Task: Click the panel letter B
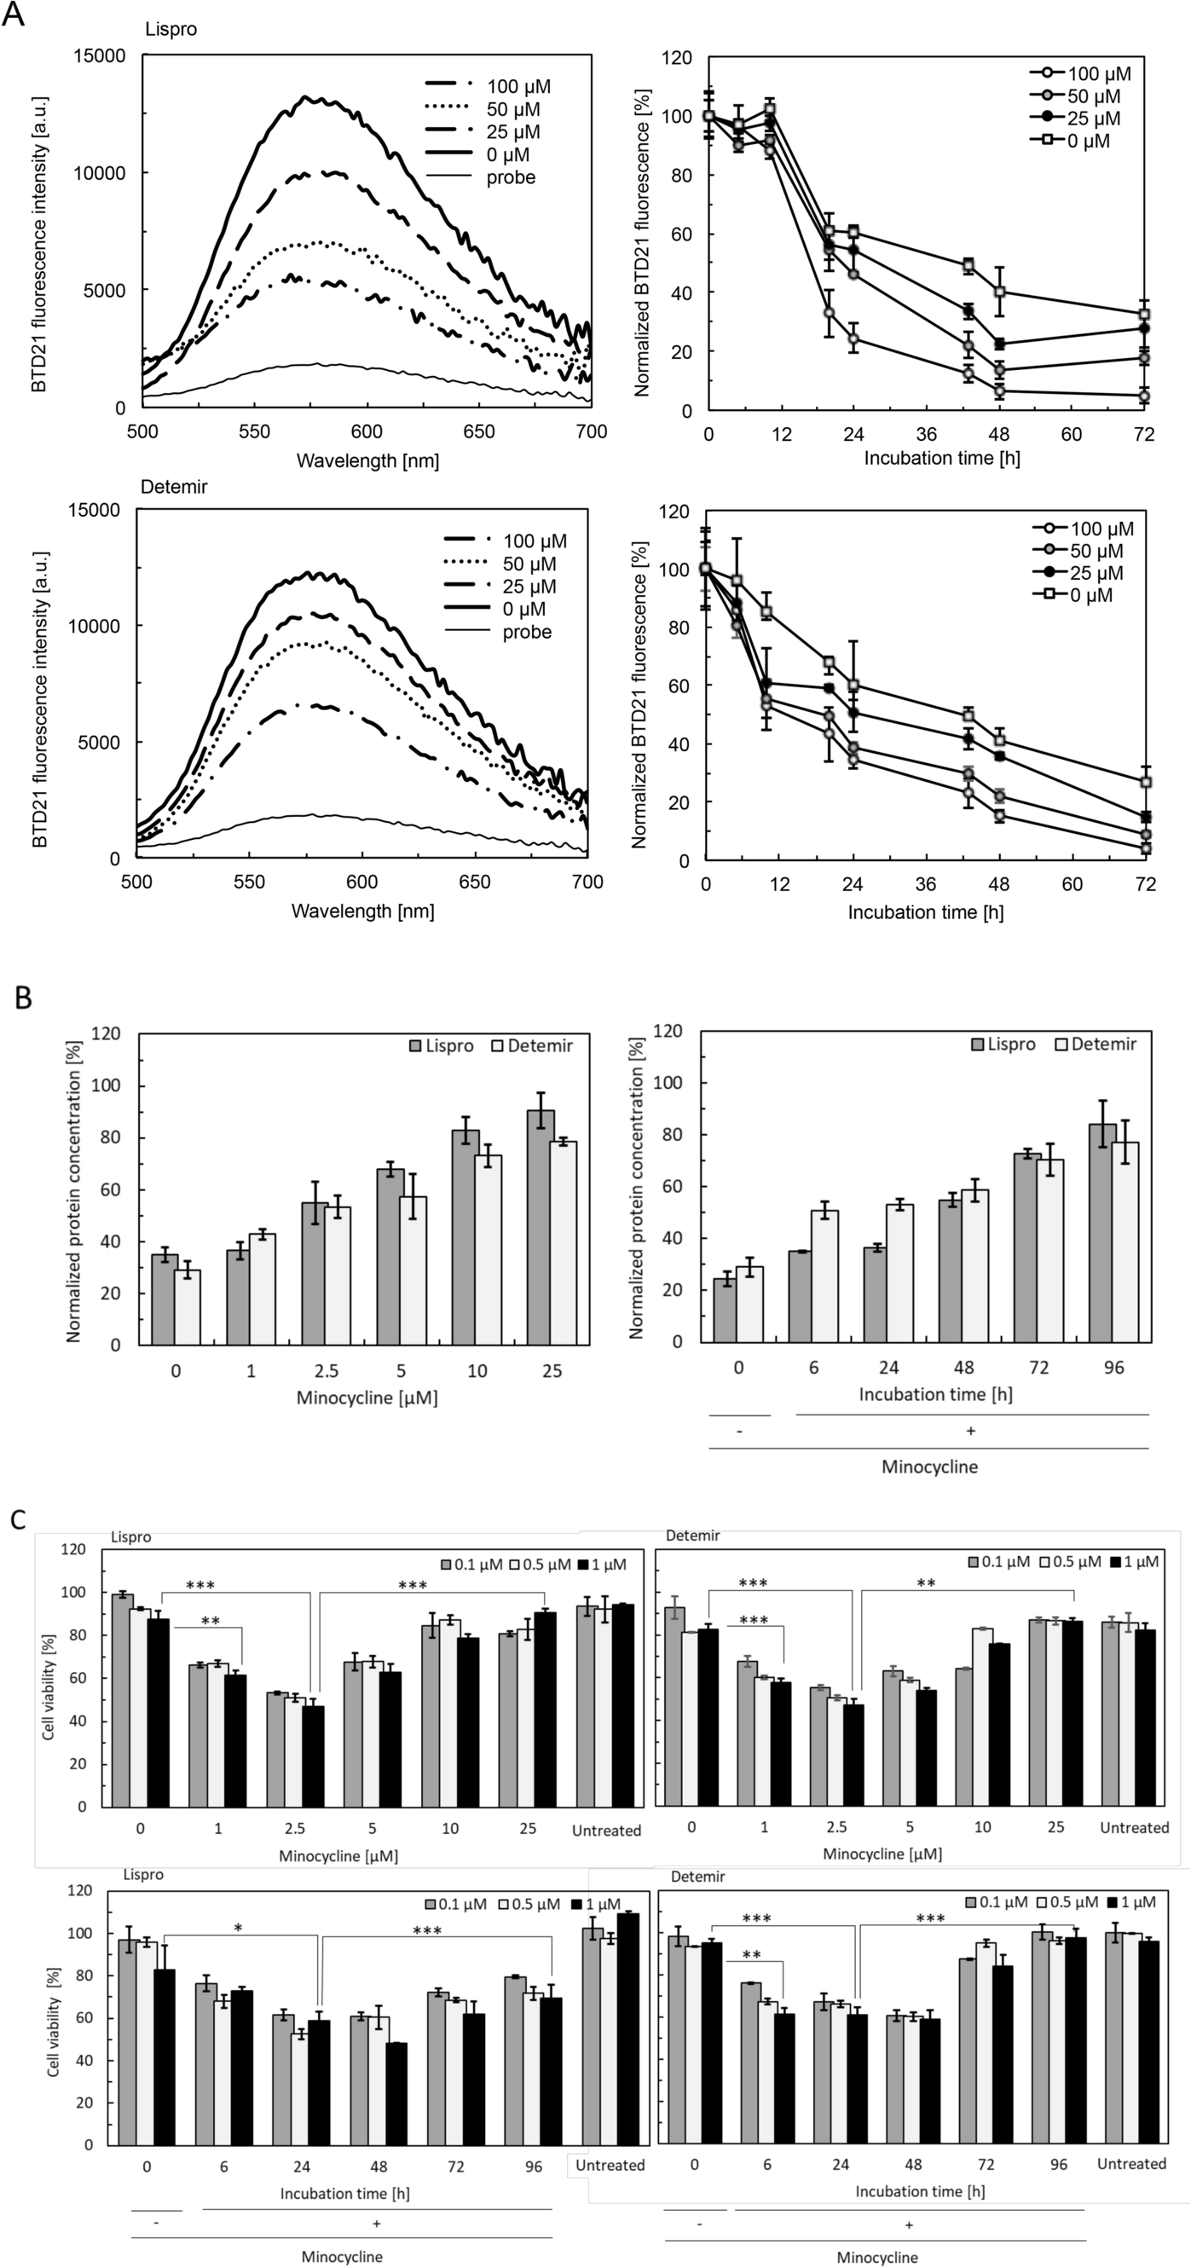click(x=24, y=997)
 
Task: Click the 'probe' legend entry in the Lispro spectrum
click(x=510, y=177)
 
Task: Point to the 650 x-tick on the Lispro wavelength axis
click(x=479, y=432)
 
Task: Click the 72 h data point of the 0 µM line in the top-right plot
click(x=1144, y=315)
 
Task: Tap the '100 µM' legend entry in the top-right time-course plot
click(x=1099, y=74)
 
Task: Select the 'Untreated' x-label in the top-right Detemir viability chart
click(x=1134, y=1820)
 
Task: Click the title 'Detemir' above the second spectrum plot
click(x=173, y=487)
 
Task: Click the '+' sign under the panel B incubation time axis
click(x=971, y=1431)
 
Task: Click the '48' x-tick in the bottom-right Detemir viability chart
click(x=913, y=2163)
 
